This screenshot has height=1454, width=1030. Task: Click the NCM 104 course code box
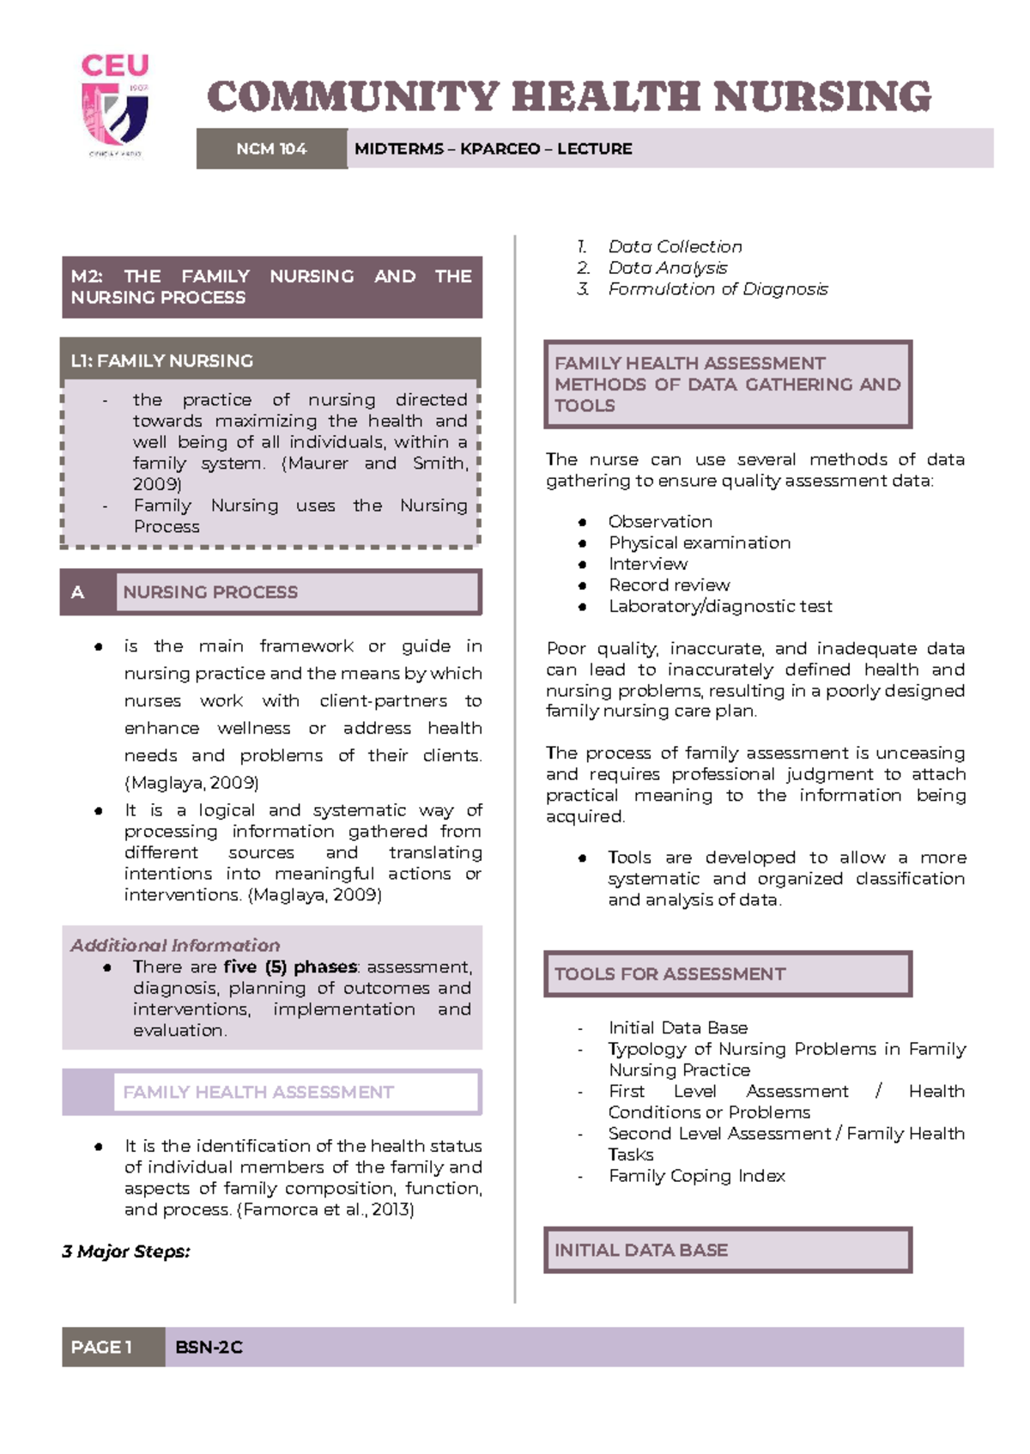[x=271, y=148]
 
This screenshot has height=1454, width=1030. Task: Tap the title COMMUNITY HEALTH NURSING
[x=568, y=96]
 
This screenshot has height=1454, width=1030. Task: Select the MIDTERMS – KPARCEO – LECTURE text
[x=493, y=148]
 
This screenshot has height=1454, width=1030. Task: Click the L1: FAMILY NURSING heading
[x=162, y=360]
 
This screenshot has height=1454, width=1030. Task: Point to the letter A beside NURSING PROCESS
[x=78, y=592]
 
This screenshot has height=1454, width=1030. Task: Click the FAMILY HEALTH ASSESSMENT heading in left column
[x=257, y=1092]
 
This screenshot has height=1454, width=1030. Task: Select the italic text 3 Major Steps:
[x=126, y=1251]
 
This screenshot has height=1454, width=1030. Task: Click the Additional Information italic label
[x=175, y=945]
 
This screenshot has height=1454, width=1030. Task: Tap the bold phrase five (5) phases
[x=289, y=966]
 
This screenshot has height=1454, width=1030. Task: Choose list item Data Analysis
[x=667, y=268]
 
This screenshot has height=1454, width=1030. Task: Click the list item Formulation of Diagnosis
[x=718, y=289]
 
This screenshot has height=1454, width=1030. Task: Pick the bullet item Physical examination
[x=699, y=542]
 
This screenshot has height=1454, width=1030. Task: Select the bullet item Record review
[x=669, y=585]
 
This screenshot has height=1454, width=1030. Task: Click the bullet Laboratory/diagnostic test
[x=719, y=606]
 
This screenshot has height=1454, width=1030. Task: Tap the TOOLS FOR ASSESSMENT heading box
[x=669, y=974]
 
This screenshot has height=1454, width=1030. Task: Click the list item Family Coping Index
[x=696, y=1176]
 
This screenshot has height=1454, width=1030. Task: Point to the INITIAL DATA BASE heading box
[x=640, y=1250]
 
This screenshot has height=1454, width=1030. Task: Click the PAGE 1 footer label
[x=101, y=1347]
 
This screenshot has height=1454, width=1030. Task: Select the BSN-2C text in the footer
[x=209, y=1348]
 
